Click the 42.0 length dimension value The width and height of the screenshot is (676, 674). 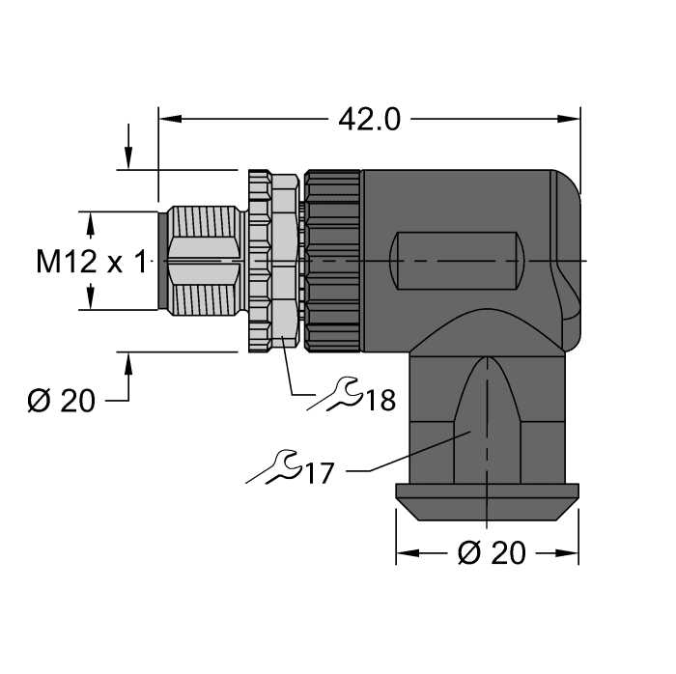[x=369, y=119]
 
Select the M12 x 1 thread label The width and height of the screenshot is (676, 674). [x=94, y=262]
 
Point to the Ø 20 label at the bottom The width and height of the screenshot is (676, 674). [x=491, y=553]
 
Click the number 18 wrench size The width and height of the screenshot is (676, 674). [x=380, y=400]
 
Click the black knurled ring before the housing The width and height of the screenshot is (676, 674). [x=332, y=262]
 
